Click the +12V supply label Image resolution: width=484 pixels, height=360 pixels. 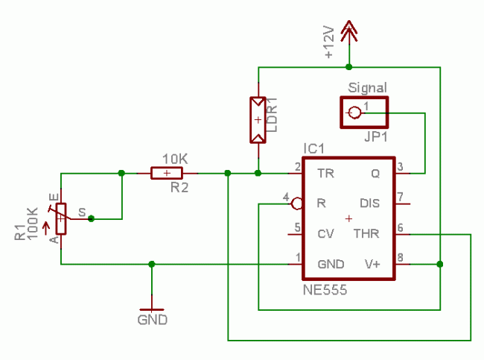tap(329, 44)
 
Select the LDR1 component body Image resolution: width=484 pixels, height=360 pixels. tap(258, 119)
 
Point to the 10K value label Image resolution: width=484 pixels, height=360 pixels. tap(175, 159)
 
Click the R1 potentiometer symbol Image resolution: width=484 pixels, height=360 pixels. tap(61, 218)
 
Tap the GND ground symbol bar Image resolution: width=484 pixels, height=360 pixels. tap(152, 309)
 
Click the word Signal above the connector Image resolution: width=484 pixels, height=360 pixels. tap(367, 88)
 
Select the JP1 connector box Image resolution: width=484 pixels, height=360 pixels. tap(364, 113)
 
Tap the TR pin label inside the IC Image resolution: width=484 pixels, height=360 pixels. tap(325, 174)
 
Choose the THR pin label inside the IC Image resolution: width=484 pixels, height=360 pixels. tap(366, 234)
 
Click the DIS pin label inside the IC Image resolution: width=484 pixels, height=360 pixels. tap(369, 203)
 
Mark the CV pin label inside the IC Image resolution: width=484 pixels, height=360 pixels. tap(325, 234)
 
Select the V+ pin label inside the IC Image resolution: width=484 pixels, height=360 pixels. tap(372, 264)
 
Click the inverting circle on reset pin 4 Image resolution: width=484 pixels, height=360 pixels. tap(296, 203)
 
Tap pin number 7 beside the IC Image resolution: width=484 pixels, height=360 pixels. tap(400, 197)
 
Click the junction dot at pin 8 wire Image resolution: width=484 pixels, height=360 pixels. tap(440, 264)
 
